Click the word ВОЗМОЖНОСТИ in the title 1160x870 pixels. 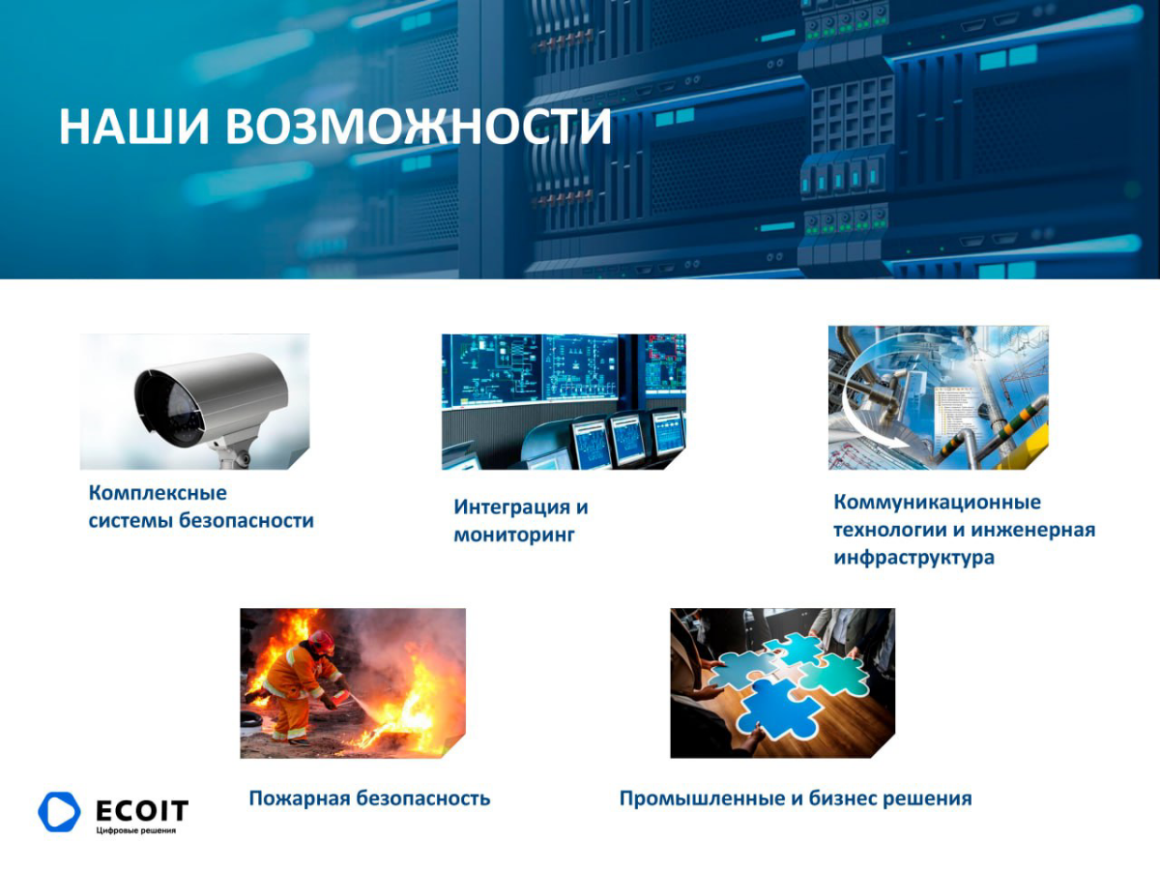pyautogui.click(x=420, y=128)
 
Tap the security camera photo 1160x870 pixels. pyautogui.click(x=194, y=401)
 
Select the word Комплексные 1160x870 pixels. pyautogui.click(x=158, y=493)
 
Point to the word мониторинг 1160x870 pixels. pyautogui.click(x=514, y=534)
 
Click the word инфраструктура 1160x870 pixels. pyautogui.click(x=913, y=558)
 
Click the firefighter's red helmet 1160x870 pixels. pyautogui.click(x=321, y=640)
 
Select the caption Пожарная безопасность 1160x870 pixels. pyautogui.click(x=369, y=798)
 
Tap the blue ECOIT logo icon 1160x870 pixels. pyautogui.click(x=59, y=812)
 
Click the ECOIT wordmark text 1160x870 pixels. pyautogui.click(x=142, y=809)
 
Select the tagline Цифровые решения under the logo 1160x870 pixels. pyautogui.click(x=136, y=830)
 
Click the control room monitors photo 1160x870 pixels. pyautogui.click(x=564, y=401)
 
